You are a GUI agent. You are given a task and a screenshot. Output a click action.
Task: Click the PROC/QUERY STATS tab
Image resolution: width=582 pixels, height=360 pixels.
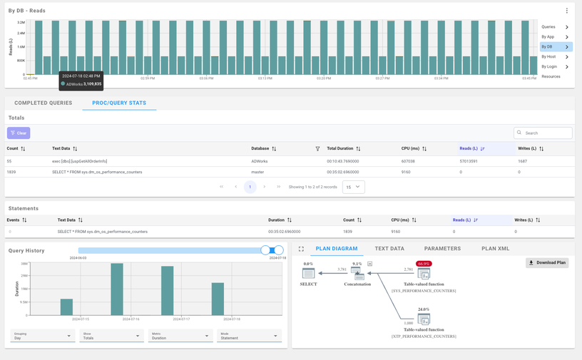click(119, 103)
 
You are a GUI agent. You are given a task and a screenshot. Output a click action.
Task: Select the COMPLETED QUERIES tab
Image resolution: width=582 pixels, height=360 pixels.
click(44, 103)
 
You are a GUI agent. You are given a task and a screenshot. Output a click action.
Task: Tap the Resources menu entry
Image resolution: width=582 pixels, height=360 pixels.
click(551, 76)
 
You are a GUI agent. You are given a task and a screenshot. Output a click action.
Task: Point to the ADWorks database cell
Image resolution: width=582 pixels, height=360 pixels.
click(260, 161)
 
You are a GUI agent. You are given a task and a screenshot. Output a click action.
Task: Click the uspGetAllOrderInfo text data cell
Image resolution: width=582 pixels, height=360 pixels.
click(80, 161)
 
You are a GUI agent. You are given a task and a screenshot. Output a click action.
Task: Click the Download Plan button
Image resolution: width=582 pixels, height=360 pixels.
click(547, 262)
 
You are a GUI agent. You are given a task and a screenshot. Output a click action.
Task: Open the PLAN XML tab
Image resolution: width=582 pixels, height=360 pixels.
click(495, 249)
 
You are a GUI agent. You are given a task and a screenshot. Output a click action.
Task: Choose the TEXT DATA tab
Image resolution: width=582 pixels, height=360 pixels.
click(389, 249)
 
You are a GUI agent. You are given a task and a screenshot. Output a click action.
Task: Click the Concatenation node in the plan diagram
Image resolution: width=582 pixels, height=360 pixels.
click(358, 273)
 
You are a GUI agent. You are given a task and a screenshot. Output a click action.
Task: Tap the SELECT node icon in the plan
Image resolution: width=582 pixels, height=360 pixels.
click(308, 272)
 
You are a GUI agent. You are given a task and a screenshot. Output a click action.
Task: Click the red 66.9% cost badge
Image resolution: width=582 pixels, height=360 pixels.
click(424, 264)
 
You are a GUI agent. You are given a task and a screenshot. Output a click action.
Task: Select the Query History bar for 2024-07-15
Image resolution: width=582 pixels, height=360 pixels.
click(66, 307)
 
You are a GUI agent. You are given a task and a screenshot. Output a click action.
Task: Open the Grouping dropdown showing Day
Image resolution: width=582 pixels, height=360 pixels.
click(43, 336)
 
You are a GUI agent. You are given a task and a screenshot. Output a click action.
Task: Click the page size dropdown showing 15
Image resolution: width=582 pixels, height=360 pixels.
click(353, 187)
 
